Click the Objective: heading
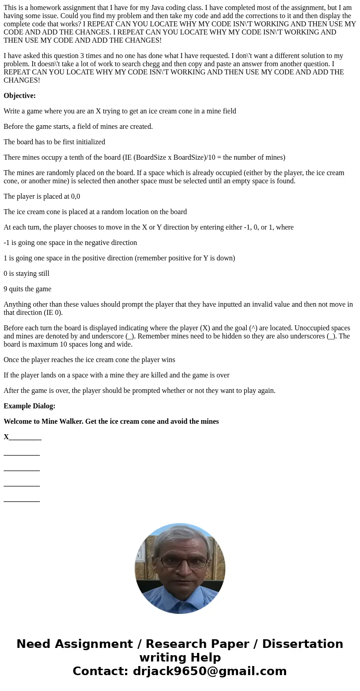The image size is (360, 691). coord(19,96)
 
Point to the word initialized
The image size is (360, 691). coord(88,142)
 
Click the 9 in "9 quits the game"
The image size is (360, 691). coord(5,289)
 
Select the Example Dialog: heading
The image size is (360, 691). coord(29,406)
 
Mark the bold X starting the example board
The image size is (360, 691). coord(6,437)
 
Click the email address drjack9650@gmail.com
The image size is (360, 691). coord(209,671)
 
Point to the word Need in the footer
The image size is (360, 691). coord(35,644)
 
